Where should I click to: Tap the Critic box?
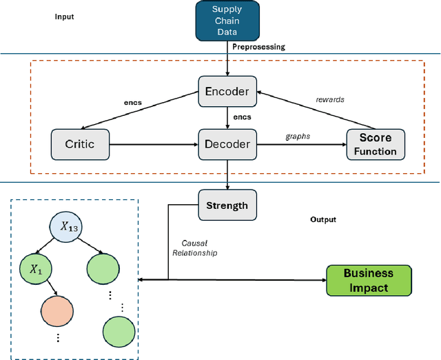tap(81, 145)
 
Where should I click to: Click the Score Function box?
tap(377, 144)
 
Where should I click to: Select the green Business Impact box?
tap(368, 280)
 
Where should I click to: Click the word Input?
tap(64, 17)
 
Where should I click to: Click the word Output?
tap(323, 219)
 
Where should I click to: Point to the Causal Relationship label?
tap(199, 248)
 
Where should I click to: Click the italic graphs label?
tap(298, 137)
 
